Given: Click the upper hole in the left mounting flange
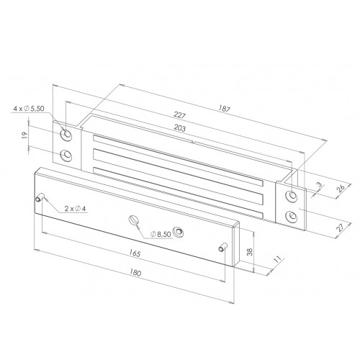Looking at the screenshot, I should click(x=66, y=134).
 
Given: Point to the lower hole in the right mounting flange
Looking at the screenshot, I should click(x=292, y=216).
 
